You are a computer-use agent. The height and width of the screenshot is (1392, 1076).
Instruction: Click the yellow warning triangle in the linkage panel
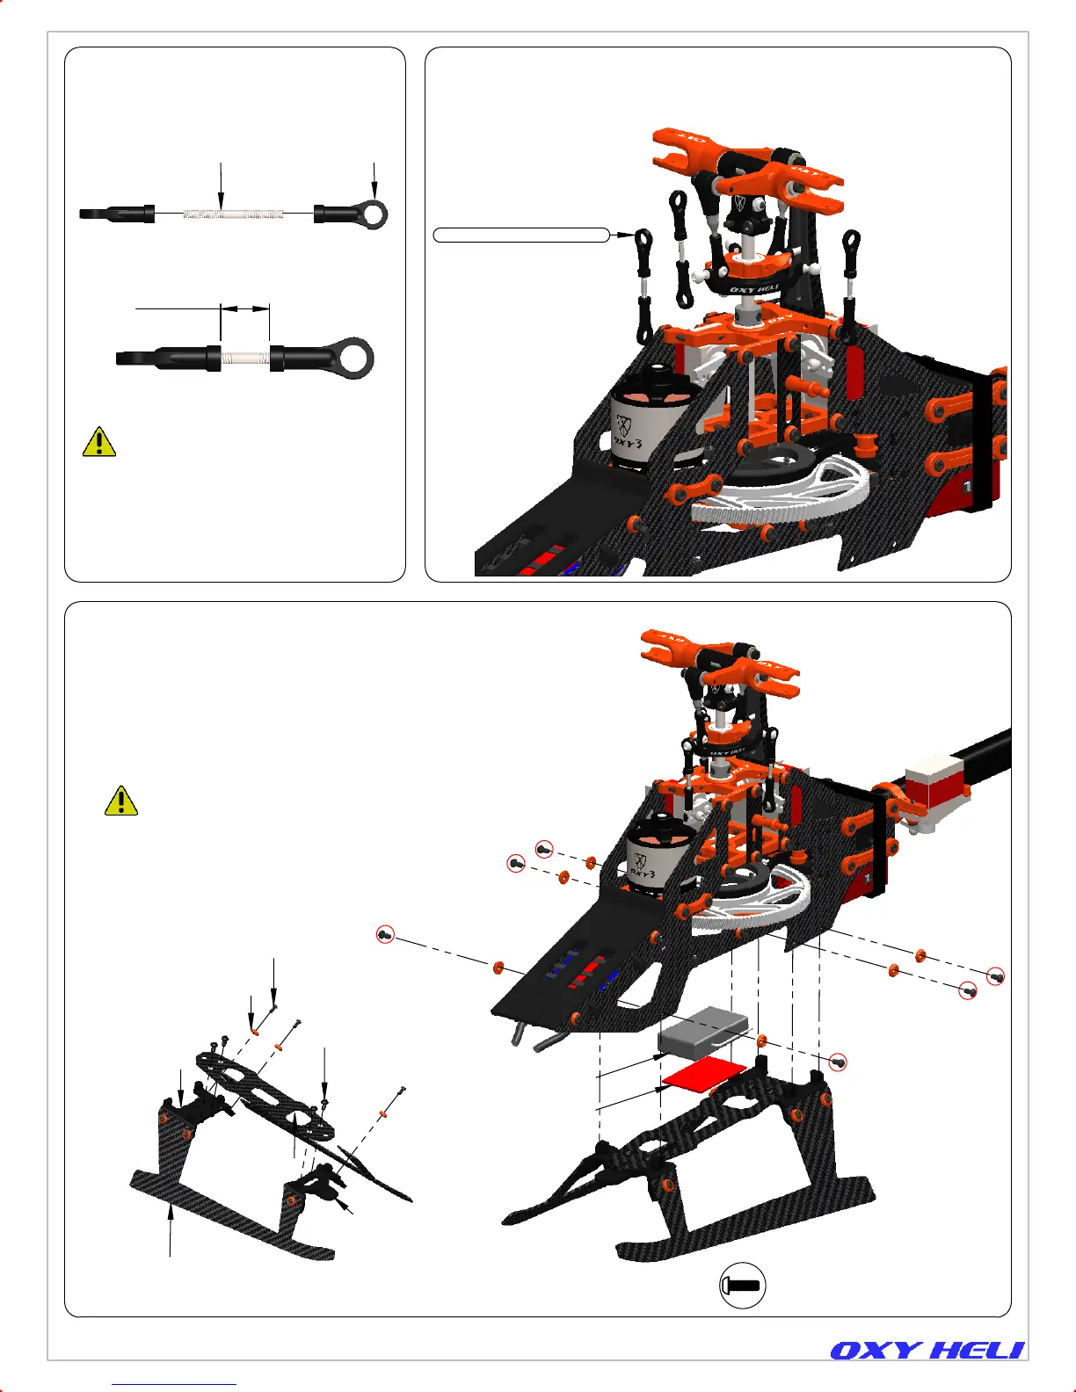pos(99,441)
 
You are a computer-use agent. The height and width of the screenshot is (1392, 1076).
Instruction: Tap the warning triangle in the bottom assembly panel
pos(120,801)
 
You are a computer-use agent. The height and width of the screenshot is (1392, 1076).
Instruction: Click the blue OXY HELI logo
pos(927,1351)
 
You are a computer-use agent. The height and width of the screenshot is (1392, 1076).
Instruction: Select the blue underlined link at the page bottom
pos(174,1384)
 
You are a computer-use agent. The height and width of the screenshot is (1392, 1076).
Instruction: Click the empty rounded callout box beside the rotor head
pos(521,235)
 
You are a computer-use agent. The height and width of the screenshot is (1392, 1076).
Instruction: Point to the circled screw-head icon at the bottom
pos(742,1285)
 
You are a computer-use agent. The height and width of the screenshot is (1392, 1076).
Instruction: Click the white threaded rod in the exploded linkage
pos(234,213)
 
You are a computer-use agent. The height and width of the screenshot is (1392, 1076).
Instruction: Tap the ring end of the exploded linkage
pos(374,214)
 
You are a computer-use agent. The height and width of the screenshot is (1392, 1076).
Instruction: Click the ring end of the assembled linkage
pos(359,359)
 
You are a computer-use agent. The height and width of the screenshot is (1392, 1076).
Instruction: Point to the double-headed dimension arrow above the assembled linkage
pos(244,308)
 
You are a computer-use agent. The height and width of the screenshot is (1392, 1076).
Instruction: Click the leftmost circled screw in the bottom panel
pos(384,935)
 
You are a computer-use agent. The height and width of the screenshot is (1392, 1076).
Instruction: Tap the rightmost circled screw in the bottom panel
pos(996,975)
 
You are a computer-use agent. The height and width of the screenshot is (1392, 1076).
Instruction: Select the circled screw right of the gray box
pos(839,1062)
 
